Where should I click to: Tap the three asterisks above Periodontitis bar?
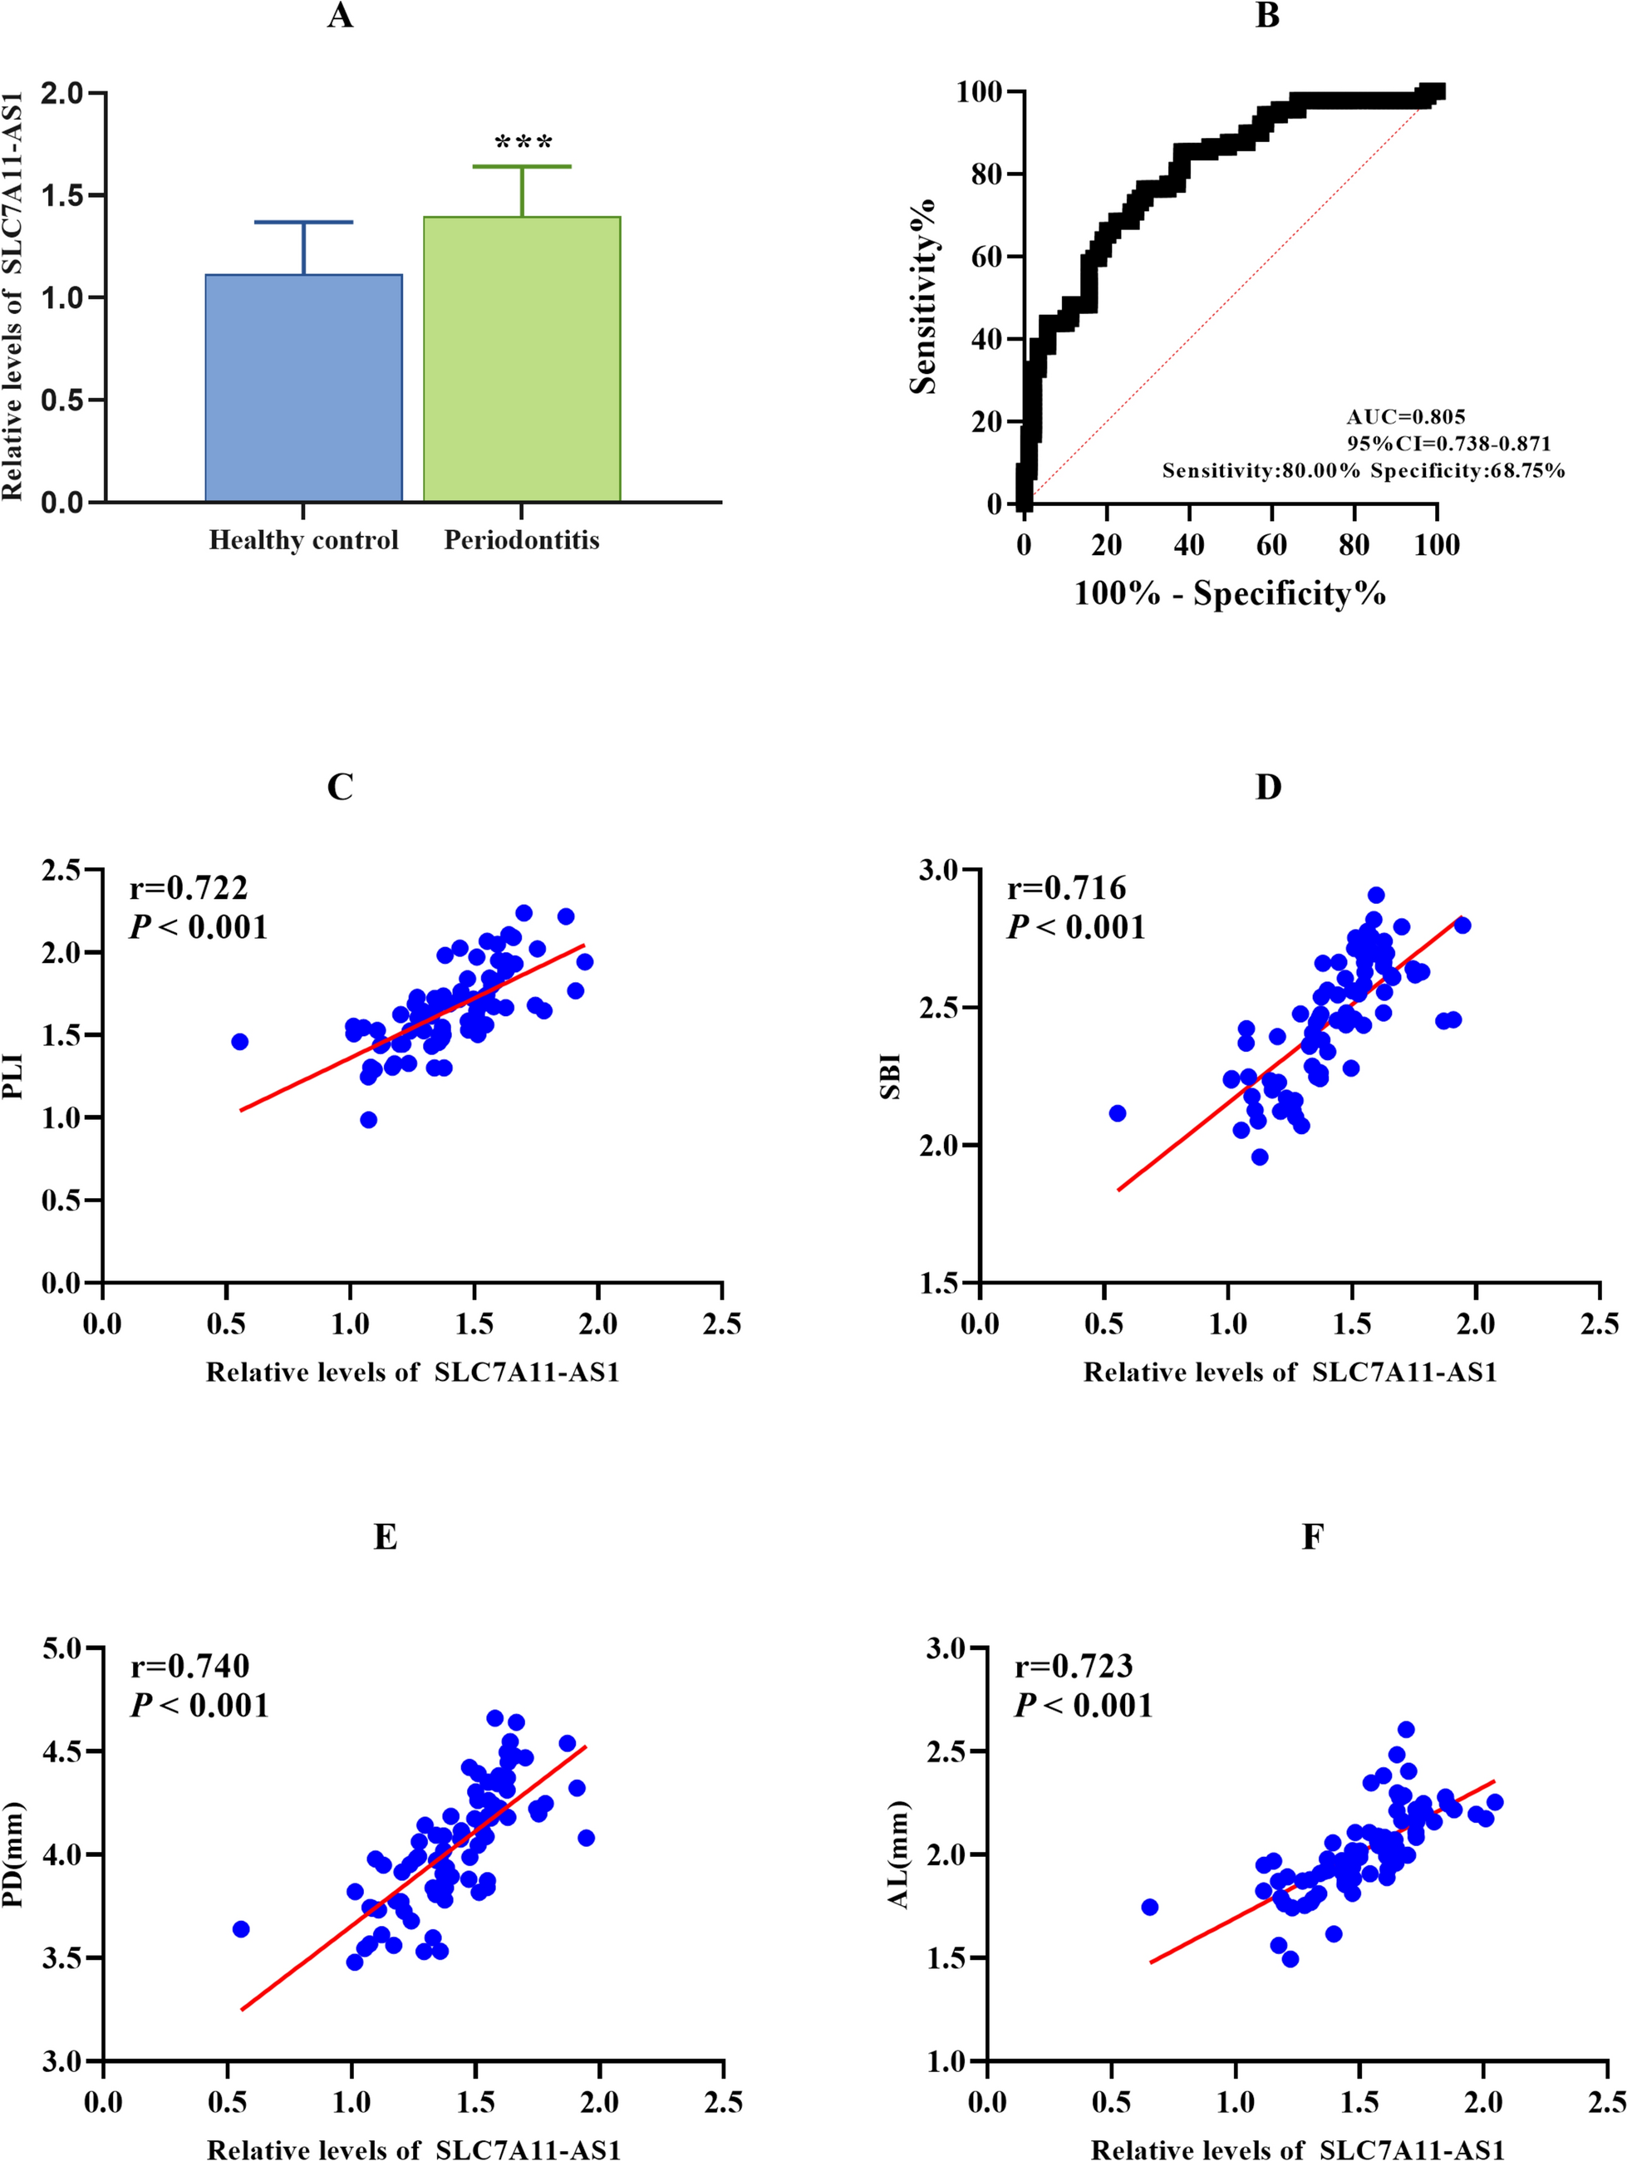523,143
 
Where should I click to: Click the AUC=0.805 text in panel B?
1405,417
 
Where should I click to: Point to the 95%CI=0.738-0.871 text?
1448,444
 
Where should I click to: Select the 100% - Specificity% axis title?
1229,593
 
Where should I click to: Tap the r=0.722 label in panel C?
189,887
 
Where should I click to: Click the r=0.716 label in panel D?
1066,887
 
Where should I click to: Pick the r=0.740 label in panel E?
189,1666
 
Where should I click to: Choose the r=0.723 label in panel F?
1073,1666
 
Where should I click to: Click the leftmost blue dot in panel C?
239,1041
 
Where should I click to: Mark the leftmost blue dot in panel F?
1149,1907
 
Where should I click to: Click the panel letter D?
1267,788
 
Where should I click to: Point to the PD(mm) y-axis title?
13,1855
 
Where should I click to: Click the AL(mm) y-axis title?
898,1855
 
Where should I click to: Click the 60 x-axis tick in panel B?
1271,545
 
